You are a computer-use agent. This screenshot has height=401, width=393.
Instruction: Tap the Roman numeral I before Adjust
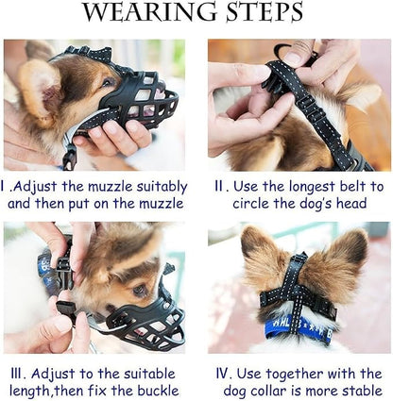(x=7, y=187)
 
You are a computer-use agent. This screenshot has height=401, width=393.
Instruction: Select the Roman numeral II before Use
(x=217, y=187)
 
